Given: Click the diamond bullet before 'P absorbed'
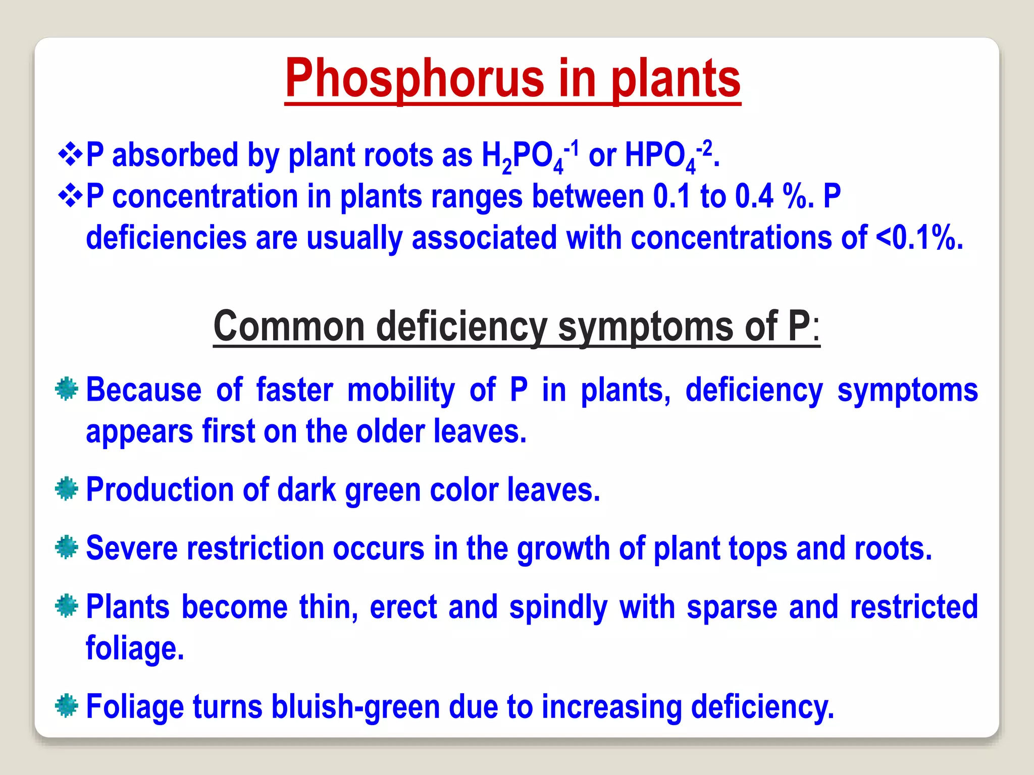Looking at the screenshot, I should (x=70, y=154).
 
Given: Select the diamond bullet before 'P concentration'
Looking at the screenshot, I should (x=70, y=196).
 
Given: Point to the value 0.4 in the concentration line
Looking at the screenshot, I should (x=754, y=196).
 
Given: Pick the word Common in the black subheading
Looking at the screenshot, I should (x=289, y=326).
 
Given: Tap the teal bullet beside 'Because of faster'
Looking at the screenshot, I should (x=67, y=390).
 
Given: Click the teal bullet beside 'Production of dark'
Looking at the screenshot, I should (x=67, y=489).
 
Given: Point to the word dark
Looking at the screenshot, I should (x=306, y=489).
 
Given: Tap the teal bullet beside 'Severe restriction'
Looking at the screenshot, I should (x=67, y=547).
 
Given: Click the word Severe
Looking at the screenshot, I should (x=132, y=548).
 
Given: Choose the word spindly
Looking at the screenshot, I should (x=558, y=607).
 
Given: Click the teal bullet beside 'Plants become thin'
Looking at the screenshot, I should (x=67, y=606).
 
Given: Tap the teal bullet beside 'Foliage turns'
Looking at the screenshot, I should (x=67, y=706).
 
